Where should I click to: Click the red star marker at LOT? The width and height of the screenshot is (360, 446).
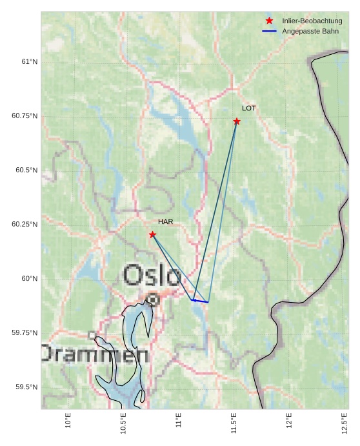(x=237, y=121)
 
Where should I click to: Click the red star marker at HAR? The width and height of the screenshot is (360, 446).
(x=152, y=234)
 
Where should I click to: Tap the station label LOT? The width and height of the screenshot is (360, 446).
(x=248, y=108)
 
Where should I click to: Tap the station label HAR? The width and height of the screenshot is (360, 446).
(x=165, y=222)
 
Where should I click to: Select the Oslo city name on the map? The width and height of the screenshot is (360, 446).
(x=152, y=276)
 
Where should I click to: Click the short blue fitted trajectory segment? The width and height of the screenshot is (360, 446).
(x=201, y=301)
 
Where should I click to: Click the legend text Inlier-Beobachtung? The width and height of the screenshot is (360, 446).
(x=312, y=21)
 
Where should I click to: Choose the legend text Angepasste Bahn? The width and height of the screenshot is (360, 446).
(x=310, y=31)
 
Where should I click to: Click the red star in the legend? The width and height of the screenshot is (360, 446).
(x=269, y=21)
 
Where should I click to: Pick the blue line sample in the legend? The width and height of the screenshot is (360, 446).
(x=269, y=31)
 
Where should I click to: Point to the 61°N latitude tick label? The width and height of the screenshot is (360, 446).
(x=29, y=62)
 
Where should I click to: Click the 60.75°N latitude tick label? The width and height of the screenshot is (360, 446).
(x=25, y=116)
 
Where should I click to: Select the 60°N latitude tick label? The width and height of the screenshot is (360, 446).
(x=29, y=279)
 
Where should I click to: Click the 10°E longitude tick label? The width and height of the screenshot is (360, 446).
(x=68, y=421)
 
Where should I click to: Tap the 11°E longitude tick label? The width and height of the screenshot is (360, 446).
(x=179, y=421)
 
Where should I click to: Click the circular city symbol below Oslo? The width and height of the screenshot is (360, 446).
(x=152, y=299)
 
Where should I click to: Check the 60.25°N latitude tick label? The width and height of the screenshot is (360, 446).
(x=25, y=225)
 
